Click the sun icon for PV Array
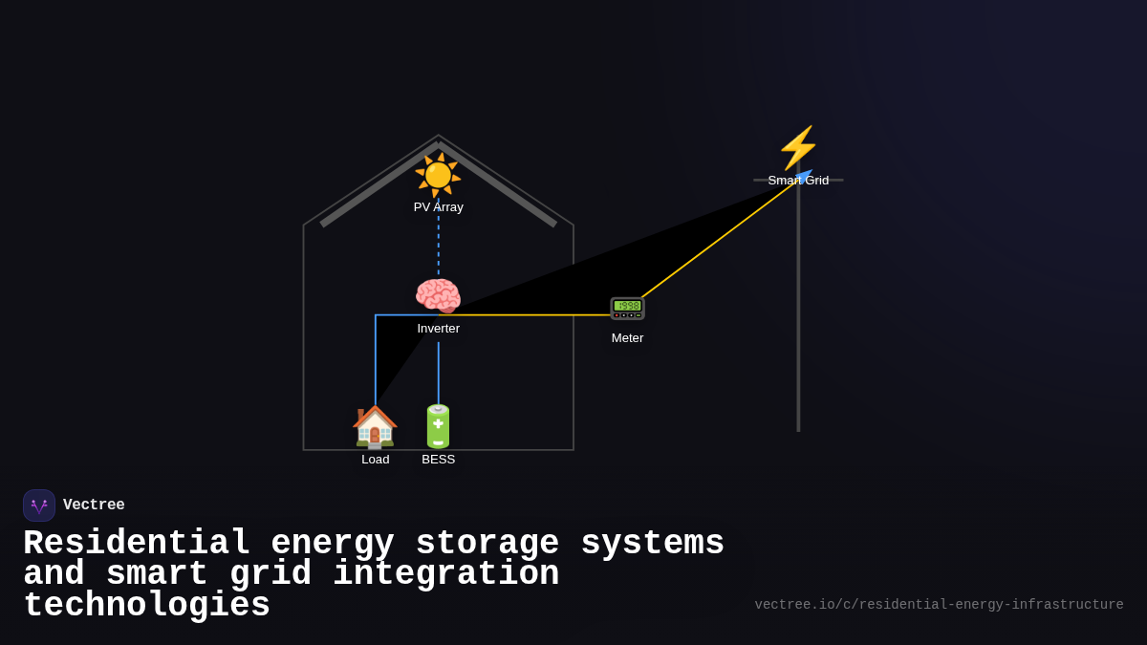(438, 175)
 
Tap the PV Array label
(438, 207)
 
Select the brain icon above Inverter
(438, 296)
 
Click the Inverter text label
(438, 329)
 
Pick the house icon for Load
(375, 426)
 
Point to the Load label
(375, 460)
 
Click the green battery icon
(438, 426)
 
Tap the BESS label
(438, 460)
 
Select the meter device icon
(627, 308)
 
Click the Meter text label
(627, 338)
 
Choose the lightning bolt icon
(798, 148)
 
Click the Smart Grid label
(798, 181)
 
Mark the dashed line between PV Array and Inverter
(439, 244)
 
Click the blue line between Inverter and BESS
(439, 373)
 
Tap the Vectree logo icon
(39, 505)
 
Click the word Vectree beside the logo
(94, 505)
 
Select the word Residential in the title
(136, 544)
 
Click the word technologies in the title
(146, 606)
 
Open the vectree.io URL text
(939, 605)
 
